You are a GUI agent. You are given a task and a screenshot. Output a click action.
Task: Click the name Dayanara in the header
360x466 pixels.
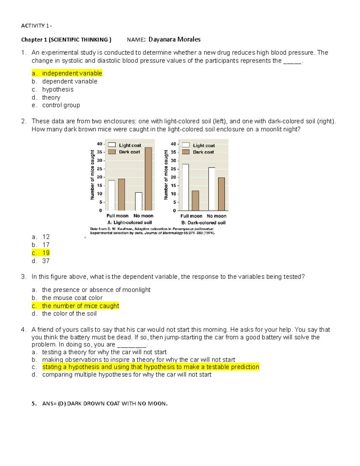click(162, 39)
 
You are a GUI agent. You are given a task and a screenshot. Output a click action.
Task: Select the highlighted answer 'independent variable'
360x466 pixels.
click(72, 73)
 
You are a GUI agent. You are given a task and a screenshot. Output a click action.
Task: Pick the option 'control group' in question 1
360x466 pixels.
click(61, 105)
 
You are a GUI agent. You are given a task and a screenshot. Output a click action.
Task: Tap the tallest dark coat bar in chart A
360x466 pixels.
click(148, 179)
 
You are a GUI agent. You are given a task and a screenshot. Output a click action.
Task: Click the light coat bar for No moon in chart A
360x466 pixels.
click(139, 201)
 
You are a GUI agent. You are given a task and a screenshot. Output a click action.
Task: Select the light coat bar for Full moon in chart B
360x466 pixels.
click(185, 187)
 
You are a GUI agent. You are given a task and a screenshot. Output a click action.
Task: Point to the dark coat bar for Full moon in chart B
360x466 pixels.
click(195, 200)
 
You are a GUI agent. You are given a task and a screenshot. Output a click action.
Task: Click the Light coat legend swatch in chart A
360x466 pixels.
click(112, 145)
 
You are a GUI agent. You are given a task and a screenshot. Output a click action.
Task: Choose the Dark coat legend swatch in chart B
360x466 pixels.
click(186, 152)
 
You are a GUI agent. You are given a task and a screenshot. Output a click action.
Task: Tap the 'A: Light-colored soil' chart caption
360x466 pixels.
click(130, 223)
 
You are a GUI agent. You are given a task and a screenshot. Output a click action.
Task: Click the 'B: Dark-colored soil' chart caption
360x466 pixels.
click(203, 223)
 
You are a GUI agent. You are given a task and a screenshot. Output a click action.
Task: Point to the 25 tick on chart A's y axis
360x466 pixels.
click(100, 169)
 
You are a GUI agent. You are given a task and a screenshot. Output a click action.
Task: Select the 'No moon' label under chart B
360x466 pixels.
click(216, 216)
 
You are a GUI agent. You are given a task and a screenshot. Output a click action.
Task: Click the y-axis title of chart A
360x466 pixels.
click(92, 175)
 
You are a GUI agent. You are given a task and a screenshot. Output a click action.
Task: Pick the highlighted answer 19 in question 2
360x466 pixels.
click(46, 253)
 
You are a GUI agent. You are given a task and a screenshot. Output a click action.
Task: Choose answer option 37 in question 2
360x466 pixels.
click(46, 261)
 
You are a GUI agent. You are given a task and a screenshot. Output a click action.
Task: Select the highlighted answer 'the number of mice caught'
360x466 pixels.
click(80, 306)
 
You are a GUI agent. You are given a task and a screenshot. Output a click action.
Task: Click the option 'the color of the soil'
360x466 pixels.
click(69, 314)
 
